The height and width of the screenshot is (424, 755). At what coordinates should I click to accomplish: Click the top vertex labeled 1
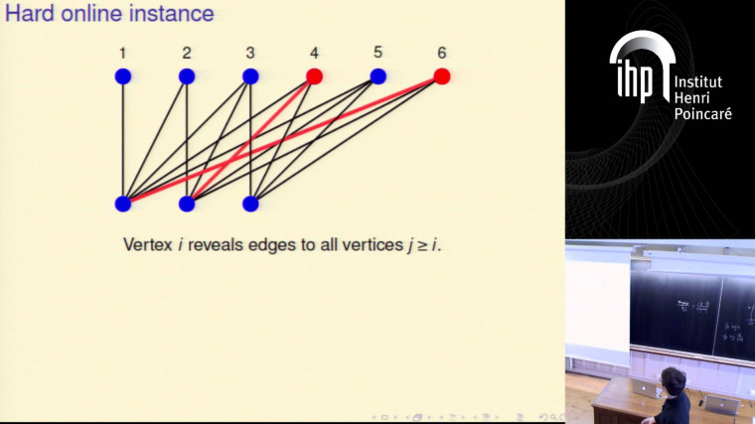click(x=122, y=76)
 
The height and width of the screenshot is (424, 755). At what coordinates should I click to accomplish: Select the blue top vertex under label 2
click(x=187, y=76)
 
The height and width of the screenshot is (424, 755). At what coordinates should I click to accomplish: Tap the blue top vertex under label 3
click(x=250, y=76)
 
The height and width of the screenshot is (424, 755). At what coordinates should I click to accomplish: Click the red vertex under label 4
click(x=314, y=76)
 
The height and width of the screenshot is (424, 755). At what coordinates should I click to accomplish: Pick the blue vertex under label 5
click(x=377, y=76)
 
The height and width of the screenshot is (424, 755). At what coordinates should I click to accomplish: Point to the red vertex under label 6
click(x=442, y=76)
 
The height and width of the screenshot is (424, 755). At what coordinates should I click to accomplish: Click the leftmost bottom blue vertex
click(x=122, y=204)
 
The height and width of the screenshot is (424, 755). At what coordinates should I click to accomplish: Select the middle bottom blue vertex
click(x=187, y=204)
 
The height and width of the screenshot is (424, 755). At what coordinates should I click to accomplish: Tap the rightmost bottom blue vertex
click(x=250, y=204)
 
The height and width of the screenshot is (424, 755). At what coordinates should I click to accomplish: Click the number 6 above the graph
click(x=441, y=52)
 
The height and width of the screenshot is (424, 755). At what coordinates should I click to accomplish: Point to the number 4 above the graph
click(x=314, y=52)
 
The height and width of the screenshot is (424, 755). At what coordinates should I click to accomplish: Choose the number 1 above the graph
click(x=122, y=52)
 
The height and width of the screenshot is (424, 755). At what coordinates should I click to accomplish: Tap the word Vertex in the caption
click(x=147, y=244)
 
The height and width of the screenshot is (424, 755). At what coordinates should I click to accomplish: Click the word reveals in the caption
click(x=221, y=244)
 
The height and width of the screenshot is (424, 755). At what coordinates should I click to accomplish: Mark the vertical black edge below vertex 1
click(x=122, y=139)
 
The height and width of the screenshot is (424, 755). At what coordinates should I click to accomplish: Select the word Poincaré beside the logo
click(x=703, y=114)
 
